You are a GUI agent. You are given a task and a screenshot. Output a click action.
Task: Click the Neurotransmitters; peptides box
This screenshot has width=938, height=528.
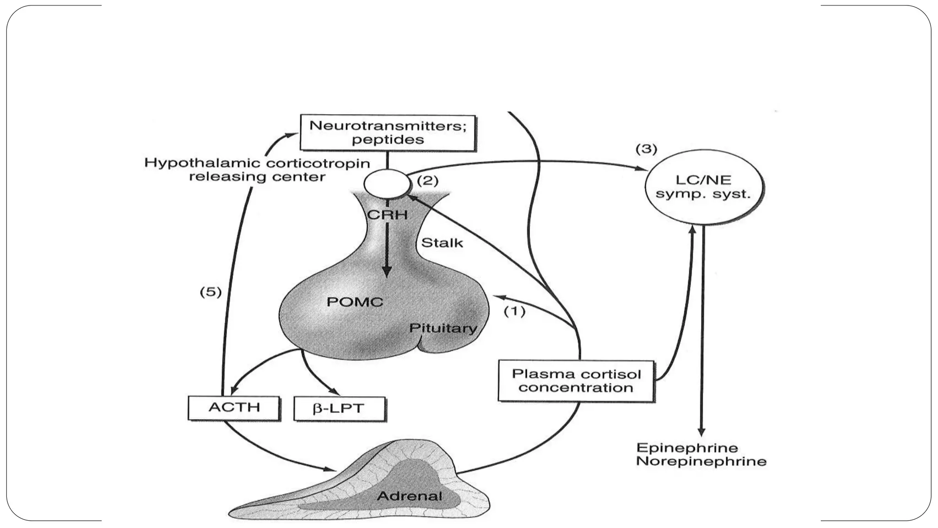[x=387, y=132]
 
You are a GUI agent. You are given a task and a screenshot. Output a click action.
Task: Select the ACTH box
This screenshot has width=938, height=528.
[x=234, y=407]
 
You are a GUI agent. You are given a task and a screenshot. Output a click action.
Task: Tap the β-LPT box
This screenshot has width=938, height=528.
[x=339, y=408]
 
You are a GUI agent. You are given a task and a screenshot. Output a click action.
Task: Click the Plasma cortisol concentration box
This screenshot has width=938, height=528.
[x=576, y=381]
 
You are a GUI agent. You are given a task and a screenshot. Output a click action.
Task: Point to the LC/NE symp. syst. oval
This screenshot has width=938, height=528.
[x=703, y=187]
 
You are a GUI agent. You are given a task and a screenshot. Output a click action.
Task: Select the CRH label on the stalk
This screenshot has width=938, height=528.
[x=387, y=214]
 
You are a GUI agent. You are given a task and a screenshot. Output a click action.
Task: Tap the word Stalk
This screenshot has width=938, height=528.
[x=442, y=242]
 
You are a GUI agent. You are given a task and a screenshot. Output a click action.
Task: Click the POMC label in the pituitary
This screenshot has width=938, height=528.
[x=355, y=302]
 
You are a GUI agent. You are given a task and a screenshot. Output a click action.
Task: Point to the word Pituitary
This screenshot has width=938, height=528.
[x=442, y=328]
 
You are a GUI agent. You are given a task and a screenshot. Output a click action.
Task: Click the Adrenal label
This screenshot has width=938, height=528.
[x=409, y=496]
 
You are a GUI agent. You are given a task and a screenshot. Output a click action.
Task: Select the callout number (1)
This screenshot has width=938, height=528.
[x=514, y=311]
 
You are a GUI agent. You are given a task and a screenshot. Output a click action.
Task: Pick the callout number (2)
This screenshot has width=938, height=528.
[x=427, y=181]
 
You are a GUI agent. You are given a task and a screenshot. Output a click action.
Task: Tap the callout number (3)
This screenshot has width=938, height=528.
[x=646, y=149]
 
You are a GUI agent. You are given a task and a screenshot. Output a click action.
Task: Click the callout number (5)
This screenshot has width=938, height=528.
[x=211, y=292]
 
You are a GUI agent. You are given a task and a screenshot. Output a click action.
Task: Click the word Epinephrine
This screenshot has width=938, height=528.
[x=687, y=447]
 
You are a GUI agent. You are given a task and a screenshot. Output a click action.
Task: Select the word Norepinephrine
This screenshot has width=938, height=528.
[x=701, y=461]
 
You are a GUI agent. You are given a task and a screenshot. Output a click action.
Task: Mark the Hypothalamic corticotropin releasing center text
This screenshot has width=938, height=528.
[x=257, y=170]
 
